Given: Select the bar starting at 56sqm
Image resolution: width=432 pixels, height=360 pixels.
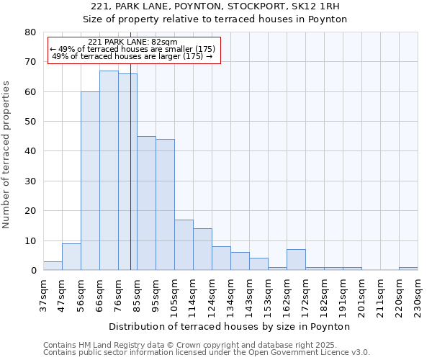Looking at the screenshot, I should click(x=90, y=181).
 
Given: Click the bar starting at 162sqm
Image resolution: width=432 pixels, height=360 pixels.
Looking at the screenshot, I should click(x=296, y=260).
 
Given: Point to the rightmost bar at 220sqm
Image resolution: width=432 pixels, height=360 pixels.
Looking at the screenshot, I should click(x=408, y=269).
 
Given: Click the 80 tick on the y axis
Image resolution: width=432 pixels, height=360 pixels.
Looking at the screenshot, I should click(x=30, y=32).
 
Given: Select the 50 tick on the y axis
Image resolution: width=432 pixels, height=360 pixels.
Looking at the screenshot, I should click(x=30, y=122).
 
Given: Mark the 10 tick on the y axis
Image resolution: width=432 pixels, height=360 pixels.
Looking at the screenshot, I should click(x=30, y=240).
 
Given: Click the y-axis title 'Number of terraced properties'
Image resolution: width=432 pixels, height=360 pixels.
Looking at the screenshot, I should click(x=6, y=154).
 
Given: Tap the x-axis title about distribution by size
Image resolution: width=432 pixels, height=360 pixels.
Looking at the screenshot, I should click(x=230, y=326).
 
